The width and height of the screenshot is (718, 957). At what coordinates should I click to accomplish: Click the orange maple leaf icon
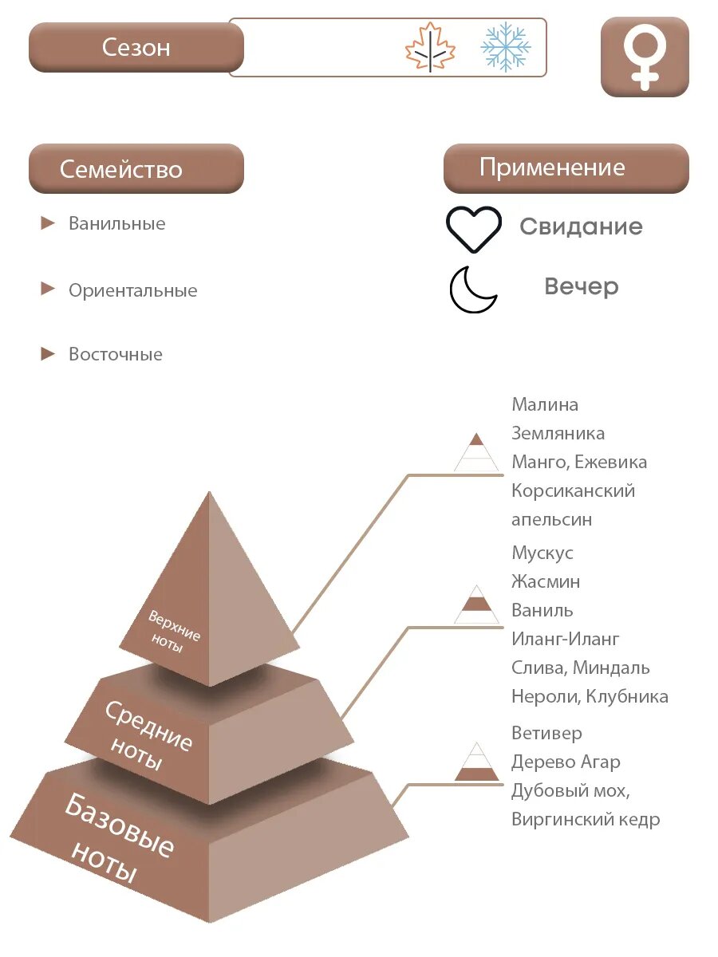point(430,48)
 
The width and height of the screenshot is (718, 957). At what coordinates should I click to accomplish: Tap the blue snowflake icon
point(506,47)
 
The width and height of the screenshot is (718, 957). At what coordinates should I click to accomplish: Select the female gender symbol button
point(645,57)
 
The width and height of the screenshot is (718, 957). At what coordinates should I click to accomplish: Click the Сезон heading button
point(136,47)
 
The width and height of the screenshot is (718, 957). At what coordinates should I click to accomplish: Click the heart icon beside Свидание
point(474,229)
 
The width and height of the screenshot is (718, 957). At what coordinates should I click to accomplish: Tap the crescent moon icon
point(473,289)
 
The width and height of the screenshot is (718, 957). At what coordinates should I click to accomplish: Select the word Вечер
point(582,286)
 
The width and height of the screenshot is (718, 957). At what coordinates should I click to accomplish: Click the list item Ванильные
point(117,223)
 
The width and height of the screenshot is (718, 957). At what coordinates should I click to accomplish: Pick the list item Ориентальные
point(132,290)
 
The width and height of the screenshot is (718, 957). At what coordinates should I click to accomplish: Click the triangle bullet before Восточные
point(49,354)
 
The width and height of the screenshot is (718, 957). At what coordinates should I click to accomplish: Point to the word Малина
point(545,404)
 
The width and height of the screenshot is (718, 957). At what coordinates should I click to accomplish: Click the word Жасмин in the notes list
point(546,581)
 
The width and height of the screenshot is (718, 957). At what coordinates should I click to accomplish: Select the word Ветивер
point(547,733)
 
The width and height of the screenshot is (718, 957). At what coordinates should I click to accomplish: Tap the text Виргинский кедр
point(586,819)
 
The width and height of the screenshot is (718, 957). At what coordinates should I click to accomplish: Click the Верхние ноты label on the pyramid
point(174,631)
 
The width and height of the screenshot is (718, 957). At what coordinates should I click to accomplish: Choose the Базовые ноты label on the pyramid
point(118,839)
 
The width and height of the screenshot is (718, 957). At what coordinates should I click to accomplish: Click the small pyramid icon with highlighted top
point(476,451)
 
